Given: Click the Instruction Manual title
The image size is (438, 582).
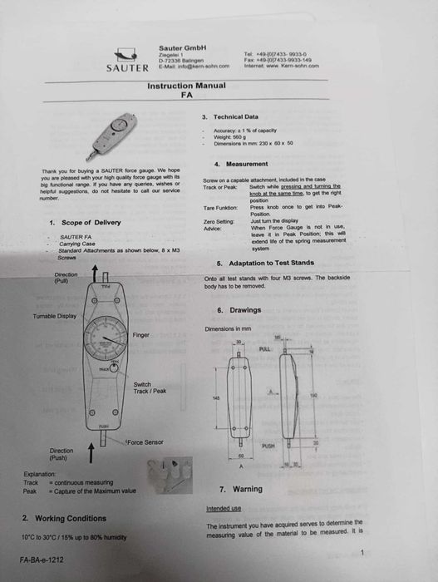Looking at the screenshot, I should tap(186, 86).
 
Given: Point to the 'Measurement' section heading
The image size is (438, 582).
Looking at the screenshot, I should tap(247, 164).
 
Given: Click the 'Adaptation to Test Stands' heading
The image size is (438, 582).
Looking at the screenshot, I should tap(265, 262).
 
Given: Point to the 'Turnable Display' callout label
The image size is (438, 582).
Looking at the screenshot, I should tap(55, 317).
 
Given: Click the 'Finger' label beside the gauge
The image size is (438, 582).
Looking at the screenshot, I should tap(141, 334).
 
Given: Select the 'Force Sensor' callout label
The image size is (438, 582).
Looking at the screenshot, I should tap(145, 442).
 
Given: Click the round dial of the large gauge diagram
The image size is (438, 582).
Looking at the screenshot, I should tap(104, 340).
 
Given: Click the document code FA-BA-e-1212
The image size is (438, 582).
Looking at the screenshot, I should tap(42, 560).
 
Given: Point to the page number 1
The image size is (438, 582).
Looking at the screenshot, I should tap(363, 552).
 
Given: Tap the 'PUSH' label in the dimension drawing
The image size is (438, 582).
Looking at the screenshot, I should tap(268, 446).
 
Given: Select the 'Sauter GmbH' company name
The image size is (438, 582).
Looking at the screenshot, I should tap(182, 47).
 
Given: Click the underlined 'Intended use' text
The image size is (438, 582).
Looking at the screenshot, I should tap(224, 508).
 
